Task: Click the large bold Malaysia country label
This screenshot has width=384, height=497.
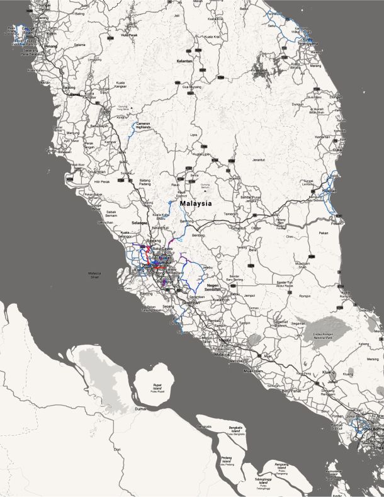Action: click(196, 204)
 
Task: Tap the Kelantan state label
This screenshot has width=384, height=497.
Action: click(184, 60)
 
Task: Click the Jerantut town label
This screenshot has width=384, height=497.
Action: click(259, 160)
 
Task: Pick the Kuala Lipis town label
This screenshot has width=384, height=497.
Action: click(201, 154)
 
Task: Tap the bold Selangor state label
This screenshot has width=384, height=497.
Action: click(139, 223)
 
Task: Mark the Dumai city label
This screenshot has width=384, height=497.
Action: click(140, 409)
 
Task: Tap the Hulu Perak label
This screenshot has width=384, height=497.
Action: click(129, 35)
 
